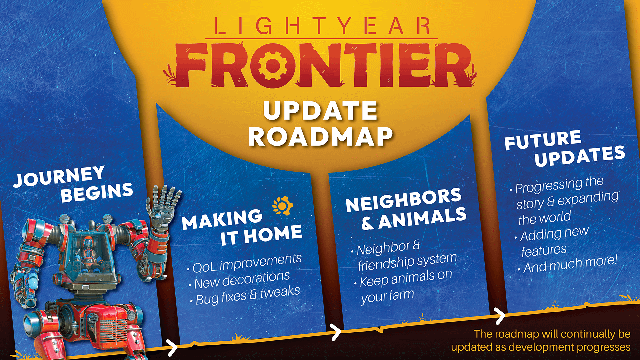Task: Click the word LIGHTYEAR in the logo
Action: (x=321, y=26)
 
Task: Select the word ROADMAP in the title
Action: (x=320, y=137)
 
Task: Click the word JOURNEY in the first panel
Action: (x=59, y=176)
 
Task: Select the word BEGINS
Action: (x=97, y=193)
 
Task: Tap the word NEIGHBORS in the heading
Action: (x=404, y=200)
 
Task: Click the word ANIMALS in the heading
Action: (x=422, y=219)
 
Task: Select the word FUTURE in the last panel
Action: (x=543, y=140)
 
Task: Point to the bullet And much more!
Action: (x=570, y=264)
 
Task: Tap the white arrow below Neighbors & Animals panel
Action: (x=336, y=332)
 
